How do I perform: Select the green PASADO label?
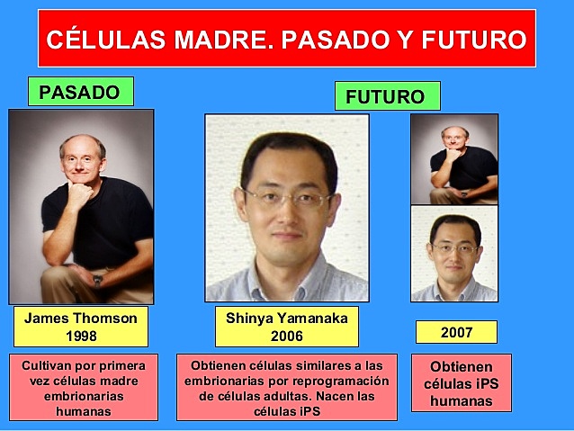click(79, 92)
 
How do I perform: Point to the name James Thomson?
click(80, 319)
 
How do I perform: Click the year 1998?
click(80, 336)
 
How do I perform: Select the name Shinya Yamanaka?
click(287, 319)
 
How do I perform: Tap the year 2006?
click(287, 336)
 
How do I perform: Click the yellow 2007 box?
click(457, 332)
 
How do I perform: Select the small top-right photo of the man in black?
click(453, 159)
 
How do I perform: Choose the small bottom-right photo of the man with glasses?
click(453, 254)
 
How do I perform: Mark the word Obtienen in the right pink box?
click(461, 367)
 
